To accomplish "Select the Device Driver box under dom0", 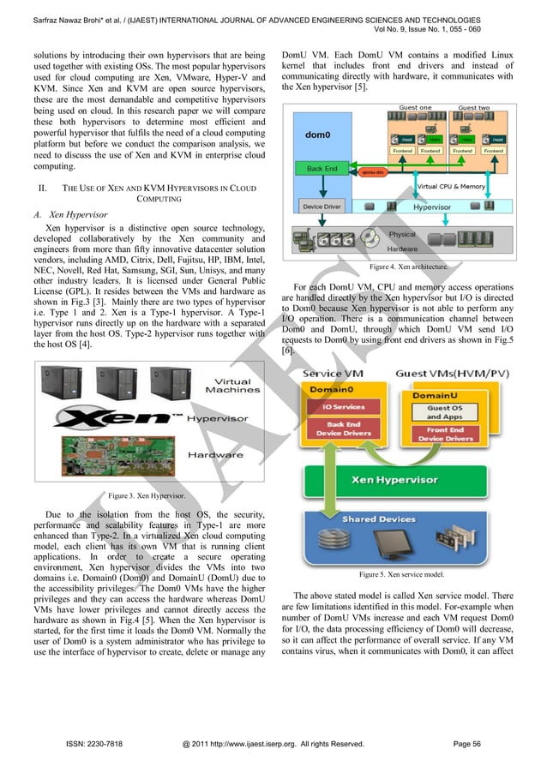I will pyautogui.click(x=322, y=207).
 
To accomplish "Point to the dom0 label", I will pyautogui.click(x=320, y=135).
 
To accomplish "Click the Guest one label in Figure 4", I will pyautogui.click(x=415, y=108).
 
